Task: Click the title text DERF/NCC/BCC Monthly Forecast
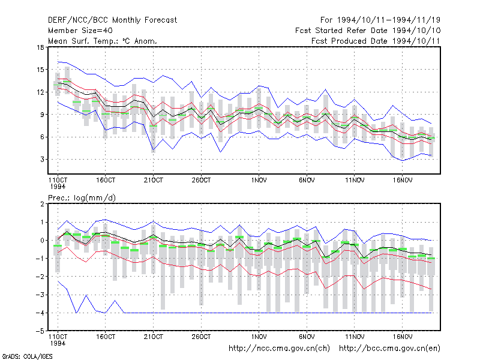coord(112,20)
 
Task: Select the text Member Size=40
coord(80,31)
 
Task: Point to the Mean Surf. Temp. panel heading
coord(103,41)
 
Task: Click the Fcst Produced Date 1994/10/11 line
coord(376,41)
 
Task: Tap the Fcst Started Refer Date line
coord(368,31)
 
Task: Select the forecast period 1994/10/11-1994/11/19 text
coord(380,20)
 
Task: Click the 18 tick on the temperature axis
coord(41,47)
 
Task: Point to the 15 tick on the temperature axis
coord(41,70)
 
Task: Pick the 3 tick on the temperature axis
coord(42,160)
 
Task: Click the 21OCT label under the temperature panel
coord(154,181)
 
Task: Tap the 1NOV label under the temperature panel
coord(259,181)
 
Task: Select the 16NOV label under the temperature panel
coord(403,181)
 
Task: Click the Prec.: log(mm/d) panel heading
coord(82,198)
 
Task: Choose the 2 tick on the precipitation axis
coord(42,204)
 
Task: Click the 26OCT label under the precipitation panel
coord(201,337)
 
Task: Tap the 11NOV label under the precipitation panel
coord(355,337)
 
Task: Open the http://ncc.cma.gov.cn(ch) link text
coord(279,349)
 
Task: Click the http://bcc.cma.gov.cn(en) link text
coord(389,349)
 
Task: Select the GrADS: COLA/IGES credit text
coord(27,356)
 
